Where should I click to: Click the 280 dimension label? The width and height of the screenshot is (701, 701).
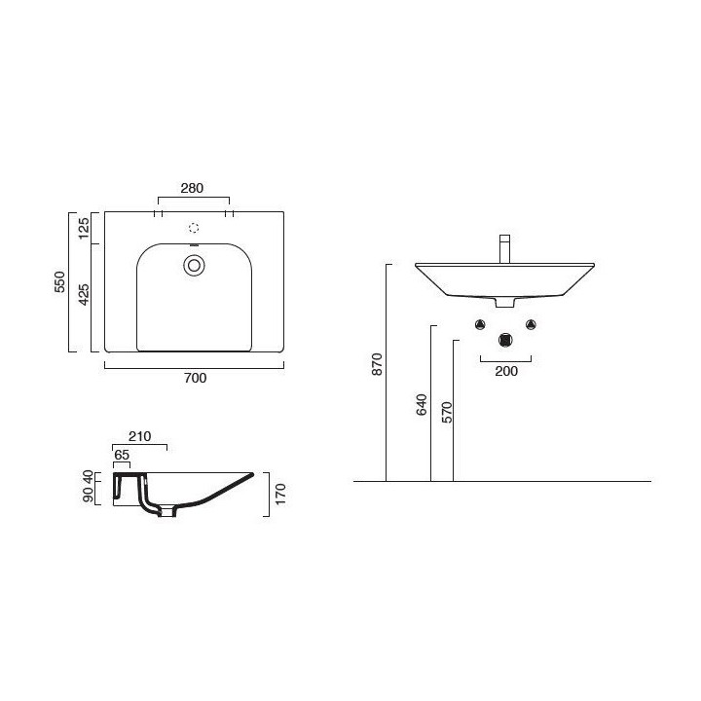coord(192,188)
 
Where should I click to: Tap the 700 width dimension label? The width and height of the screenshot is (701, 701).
coord(196,378)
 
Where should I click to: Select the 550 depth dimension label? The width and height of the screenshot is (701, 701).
coord(59,281)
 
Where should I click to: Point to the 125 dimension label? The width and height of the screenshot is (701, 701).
coord(84,228)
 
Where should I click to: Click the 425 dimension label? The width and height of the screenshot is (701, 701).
coord(84,295)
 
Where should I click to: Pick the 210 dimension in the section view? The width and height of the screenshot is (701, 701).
coord(140,436)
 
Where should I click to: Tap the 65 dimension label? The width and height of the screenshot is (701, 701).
coord(122,455)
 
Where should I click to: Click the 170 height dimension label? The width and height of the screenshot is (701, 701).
coord(280,494)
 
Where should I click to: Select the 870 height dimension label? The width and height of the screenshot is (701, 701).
coord(378,364)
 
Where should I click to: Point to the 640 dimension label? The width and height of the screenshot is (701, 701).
coord(422,405)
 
